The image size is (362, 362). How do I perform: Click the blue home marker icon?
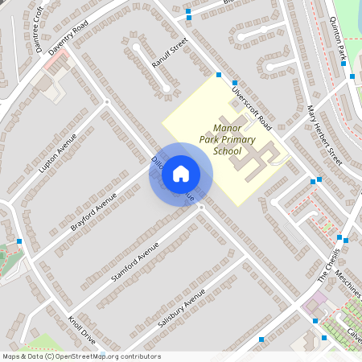point(180,173)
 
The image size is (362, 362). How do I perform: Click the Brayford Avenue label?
point(93,211)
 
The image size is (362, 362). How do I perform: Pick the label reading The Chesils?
point(329,265)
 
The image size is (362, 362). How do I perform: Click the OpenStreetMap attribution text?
point(80,356)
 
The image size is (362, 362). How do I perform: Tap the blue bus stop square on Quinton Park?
point(352,76)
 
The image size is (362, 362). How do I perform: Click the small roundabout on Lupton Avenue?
point(106,102)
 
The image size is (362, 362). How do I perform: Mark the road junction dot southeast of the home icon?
point(201,207)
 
